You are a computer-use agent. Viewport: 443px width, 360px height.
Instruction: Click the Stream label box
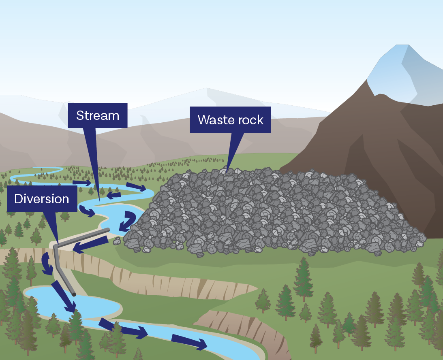click(98, 115)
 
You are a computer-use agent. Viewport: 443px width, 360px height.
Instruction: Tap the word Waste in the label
click(213, 120)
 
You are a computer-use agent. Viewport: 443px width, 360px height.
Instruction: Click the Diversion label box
click(41, 199)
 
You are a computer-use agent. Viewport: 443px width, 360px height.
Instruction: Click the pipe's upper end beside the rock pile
click(108, 230)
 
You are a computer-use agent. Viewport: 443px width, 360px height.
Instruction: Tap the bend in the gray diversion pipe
click(56, 245)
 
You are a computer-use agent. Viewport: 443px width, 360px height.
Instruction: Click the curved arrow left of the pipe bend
click(47, 264)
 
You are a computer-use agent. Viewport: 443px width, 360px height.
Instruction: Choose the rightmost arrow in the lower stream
click(189, 342)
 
